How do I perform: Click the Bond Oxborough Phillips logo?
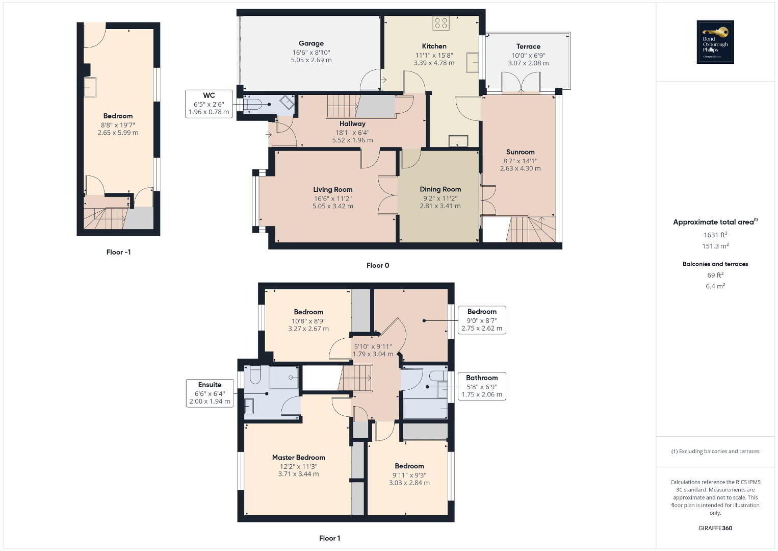point(715,42)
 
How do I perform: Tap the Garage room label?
point(311,43)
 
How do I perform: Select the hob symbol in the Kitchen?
point(441,23)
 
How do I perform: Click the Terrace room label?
point(528,46)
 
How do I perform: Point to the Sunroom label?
point(521,152)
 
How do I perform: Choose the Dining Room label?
point(440,189)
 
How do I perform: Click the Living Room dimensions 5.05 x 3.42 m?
point(333,206)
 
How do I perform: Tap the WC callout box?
point(209,104)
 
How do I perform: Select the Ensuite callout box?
point(210,393)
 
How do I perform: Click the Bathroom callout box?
point(482,386)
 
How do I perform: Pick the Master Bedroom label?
point(299,458)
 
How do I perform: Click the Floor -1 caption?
point(118,253)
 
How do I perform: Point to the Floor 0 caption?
point(378,266)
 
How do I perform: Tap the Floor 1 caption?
point(330,538)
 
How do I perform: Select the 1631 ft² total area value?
point(715,235)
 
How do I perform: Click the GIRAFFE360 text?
point(715,529)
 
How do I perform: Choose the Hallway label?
point(352,124)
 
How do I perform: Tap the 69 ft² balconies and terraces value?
point(715,275)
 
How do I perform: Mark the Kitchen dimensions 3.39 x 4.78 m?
point(434,63)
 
